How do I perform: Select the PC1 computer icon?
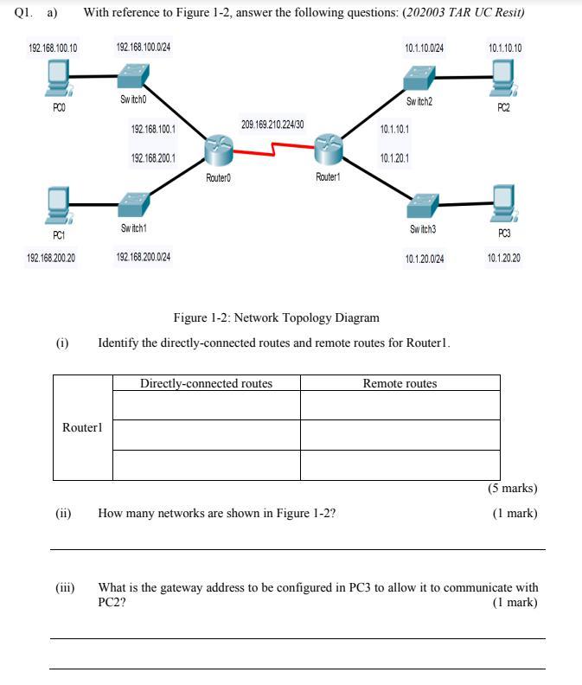[58, 204]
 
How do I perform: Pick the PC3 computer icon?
[502, 202]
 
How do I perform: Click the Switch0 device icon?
[134, 80]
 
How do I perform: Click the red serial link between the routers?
[273, 152]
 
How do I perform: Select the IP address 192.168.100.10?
[52, 48]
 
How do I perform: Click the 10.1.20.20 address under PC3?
[504, 258]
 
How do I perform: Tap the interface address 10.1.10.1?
[394, 129]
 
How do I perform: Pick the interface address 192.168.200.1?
[153, 158]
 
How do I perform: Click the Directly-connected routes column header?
[206, 383]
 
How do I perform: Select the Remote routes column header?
[400, 383]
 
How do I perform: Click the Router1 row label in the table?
[82, 427]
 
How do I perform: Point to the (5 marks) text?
[513, 489]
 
